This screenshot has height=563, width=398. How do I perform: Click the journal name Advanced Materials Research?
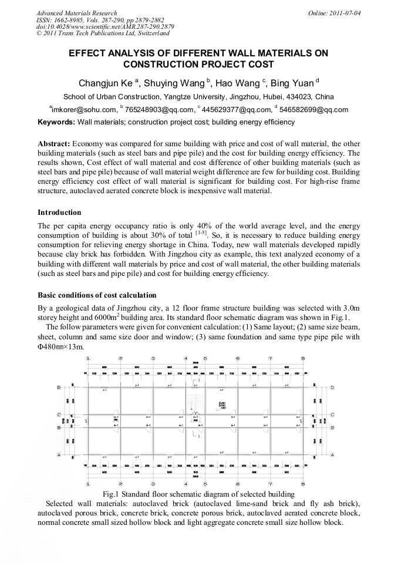pyautogui.click(x=76, y=13)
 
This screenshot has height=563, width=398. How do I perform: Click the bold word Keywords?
pyautogui.click(x=56, y=122)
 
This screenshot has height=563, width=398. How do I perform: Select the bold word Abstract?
pyautogui.click(x=54, y=144)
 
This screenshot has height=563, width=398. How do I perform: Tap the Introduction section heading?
pyautogui.click(x=59, y=213)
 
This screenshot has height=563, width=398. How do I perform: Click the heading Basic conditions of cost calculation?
pyautogui.click(x=97, y=295)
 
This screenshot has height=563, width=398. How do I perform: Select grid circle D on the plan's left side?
pyautogui.click(x=59, y=388)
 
